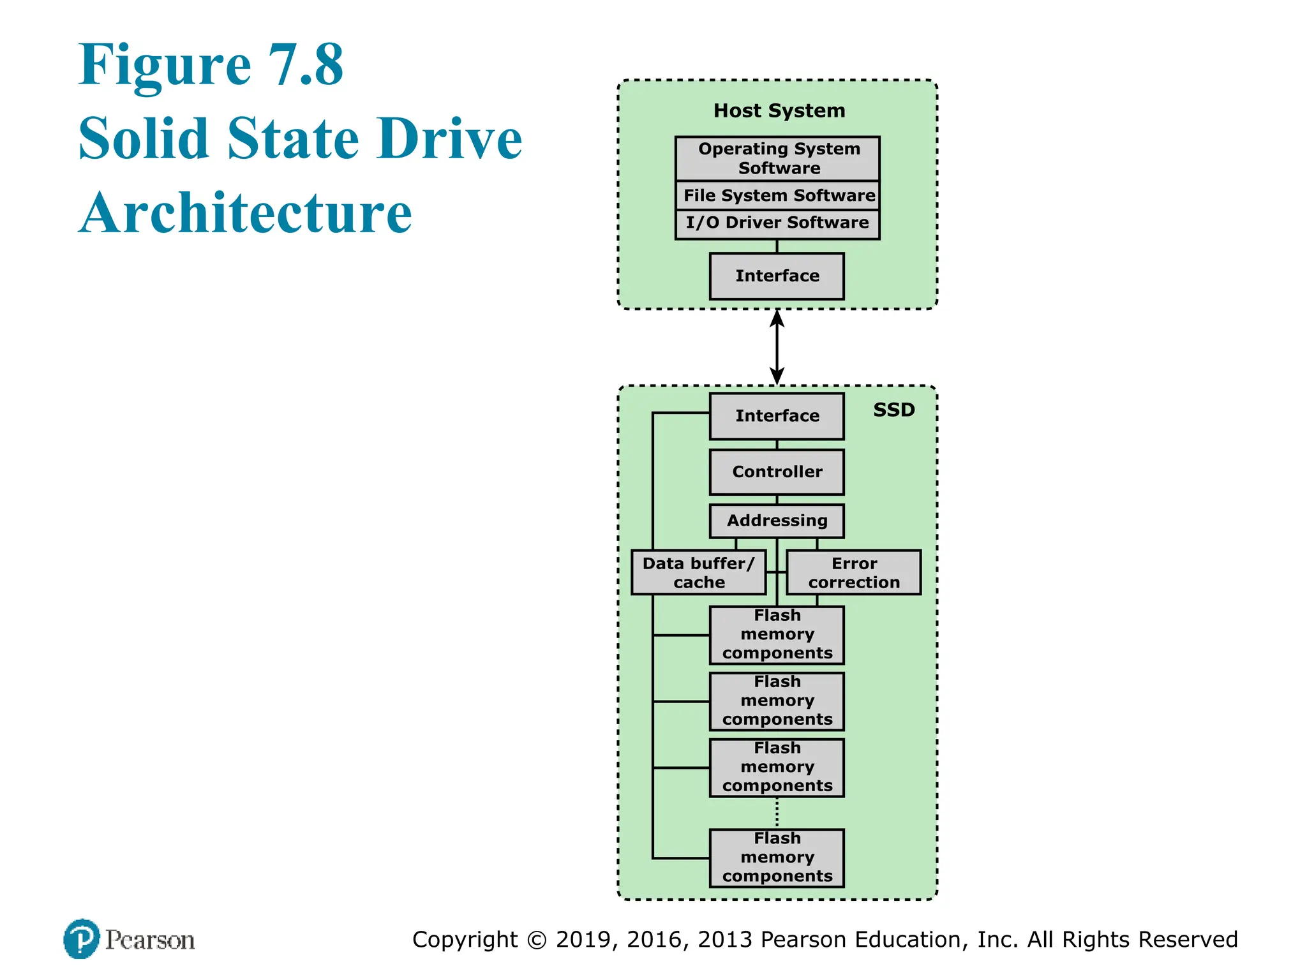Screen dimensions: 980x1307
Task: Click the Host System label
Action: [x=779, y=111]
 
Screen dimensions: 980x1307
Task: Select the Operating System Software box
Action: [x=777, y=158]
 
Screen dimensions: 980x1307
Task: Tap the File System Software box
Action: [x=777, y=195]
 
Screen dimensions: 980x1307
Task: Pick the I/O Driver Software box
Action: [x=777, y=223]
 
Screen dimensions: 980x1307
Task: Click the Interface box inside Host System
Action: [x=777, y=276]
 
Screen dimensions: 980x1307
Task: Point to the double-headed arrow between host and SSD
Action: [x=777, y=348]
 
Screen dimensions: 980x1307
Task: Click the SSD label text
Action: [x=893, y=410]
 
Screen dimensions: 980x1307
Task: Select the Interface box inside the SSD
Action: [x=777, y=416]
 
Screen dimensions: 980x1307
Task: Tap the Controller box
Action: [x=777, y=472]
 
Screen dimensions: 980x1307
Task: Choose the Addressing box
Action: [x=777, y=521]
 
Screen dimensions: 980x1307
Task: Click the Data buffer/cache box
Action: [x=698, y=572]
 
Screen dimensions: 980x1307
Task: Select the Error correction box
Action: [x=854, y=572]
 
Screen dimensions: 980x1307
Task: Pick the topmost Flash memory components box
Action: [x=777, y=635]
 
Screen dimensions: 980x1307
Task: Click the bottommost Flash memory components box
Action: [x=777, y=857]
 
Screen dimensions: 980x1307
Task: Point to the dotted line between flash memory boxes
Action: [x=777, y=813]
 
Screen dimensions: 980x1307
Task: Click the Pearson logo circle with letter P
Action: [x=82, y=939]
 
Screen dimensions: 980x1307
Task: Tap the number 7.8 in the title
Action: [x=305, y=65]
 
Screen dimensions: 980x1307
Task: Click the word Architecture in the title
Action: [x=246, y=213]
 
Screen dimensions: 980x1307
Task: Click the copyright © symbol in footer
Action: [x=537, y=940]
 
